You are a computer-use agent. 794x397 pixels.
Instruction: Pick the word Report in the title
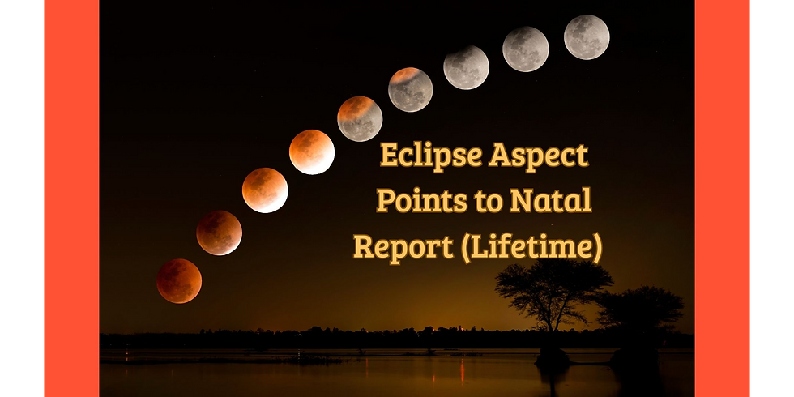(x=403, y=247)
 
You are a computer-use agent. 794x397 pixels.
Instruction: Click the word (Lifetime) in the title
(x=531, y=247)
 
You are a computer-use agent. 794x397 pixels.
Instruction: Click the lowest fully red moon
(x=179, y=281)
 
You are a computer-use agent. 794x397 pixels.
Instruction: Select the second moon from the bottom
(x=219, y=233)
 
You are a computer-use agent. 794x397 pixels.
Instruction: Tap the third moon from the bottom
(x=265, y=190)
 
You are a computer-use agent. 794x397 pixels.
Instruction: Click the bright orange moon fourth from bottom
(x=312, y=152)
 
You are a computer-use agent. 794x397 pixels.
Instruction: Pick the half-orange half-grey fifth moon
(x=360, y=118)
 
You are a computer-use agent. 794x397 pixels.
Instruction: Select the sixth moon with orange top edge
(x=410, y=89)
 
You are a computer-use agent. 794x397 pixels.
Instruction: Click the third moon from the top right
(x=466, y=66)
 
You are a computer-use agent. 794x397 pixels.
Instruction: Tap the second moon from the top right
(x=525, y=49)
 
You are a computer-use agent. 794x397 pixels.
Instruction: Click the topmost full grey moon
(x=587, y=37)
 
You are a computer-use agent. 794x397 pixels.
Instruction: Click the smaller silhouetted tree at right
(x=640, y=312)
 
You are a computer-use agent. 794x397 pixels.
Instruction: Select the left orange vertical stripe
(x=70, y=198)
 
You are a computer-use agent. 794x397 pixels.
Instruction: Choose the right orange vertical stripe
(x=723, y=198)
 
